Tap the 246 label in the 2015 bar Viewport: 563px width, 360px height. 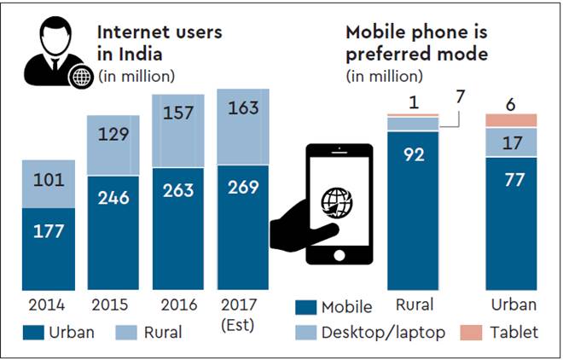114,198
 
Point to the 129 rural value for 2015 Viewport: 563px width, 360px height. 114,134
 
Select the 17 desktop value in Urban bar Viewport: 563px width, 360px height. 511,142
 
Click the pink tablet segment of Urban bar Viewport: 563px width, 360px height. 511,119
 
